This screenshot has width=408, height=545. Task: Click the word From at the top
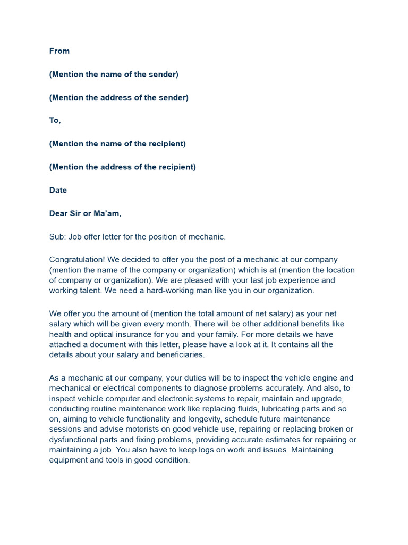59,51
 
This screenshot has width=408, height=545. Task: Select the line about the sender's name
114,75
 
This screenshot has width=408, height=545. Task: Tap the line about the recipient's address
122,167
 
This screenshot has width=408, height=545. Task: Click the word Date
58,191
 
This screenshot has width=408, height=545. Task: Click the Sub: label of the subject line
57,237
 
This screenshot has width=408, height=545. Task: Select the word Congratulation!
77,260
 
